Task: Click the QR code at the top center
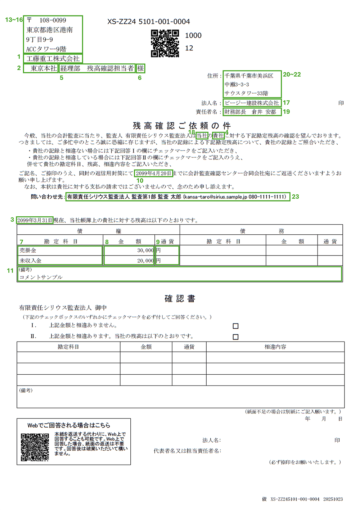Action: (x=165, y=43)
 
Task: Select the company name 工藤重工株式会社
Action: (x=53, y=59)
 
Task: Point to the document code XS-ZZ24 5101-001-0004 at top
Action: (x=148, y=22)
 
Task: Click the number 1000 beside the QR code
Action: (x=193, y=35)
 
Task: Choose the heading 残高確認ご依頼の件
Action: (x=181, y=126)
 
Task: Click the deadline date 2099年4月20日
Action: (x=154, y=173)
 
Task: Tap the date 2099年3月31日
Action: (x=35, y=220)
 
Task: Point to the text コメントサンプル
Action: (x=41, y=277)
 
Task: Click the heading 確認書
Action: (x=180, y=298)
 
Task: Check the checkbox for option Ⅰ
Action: (x=235, y=326)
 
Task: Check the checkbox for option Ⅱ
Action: (x=235, y=337)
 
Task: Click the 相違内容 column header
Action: (x=275, y=347)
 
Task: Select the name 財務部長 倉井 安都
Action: (x=250, y=112)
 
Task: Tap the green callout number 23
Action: (x=295, y=197)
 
